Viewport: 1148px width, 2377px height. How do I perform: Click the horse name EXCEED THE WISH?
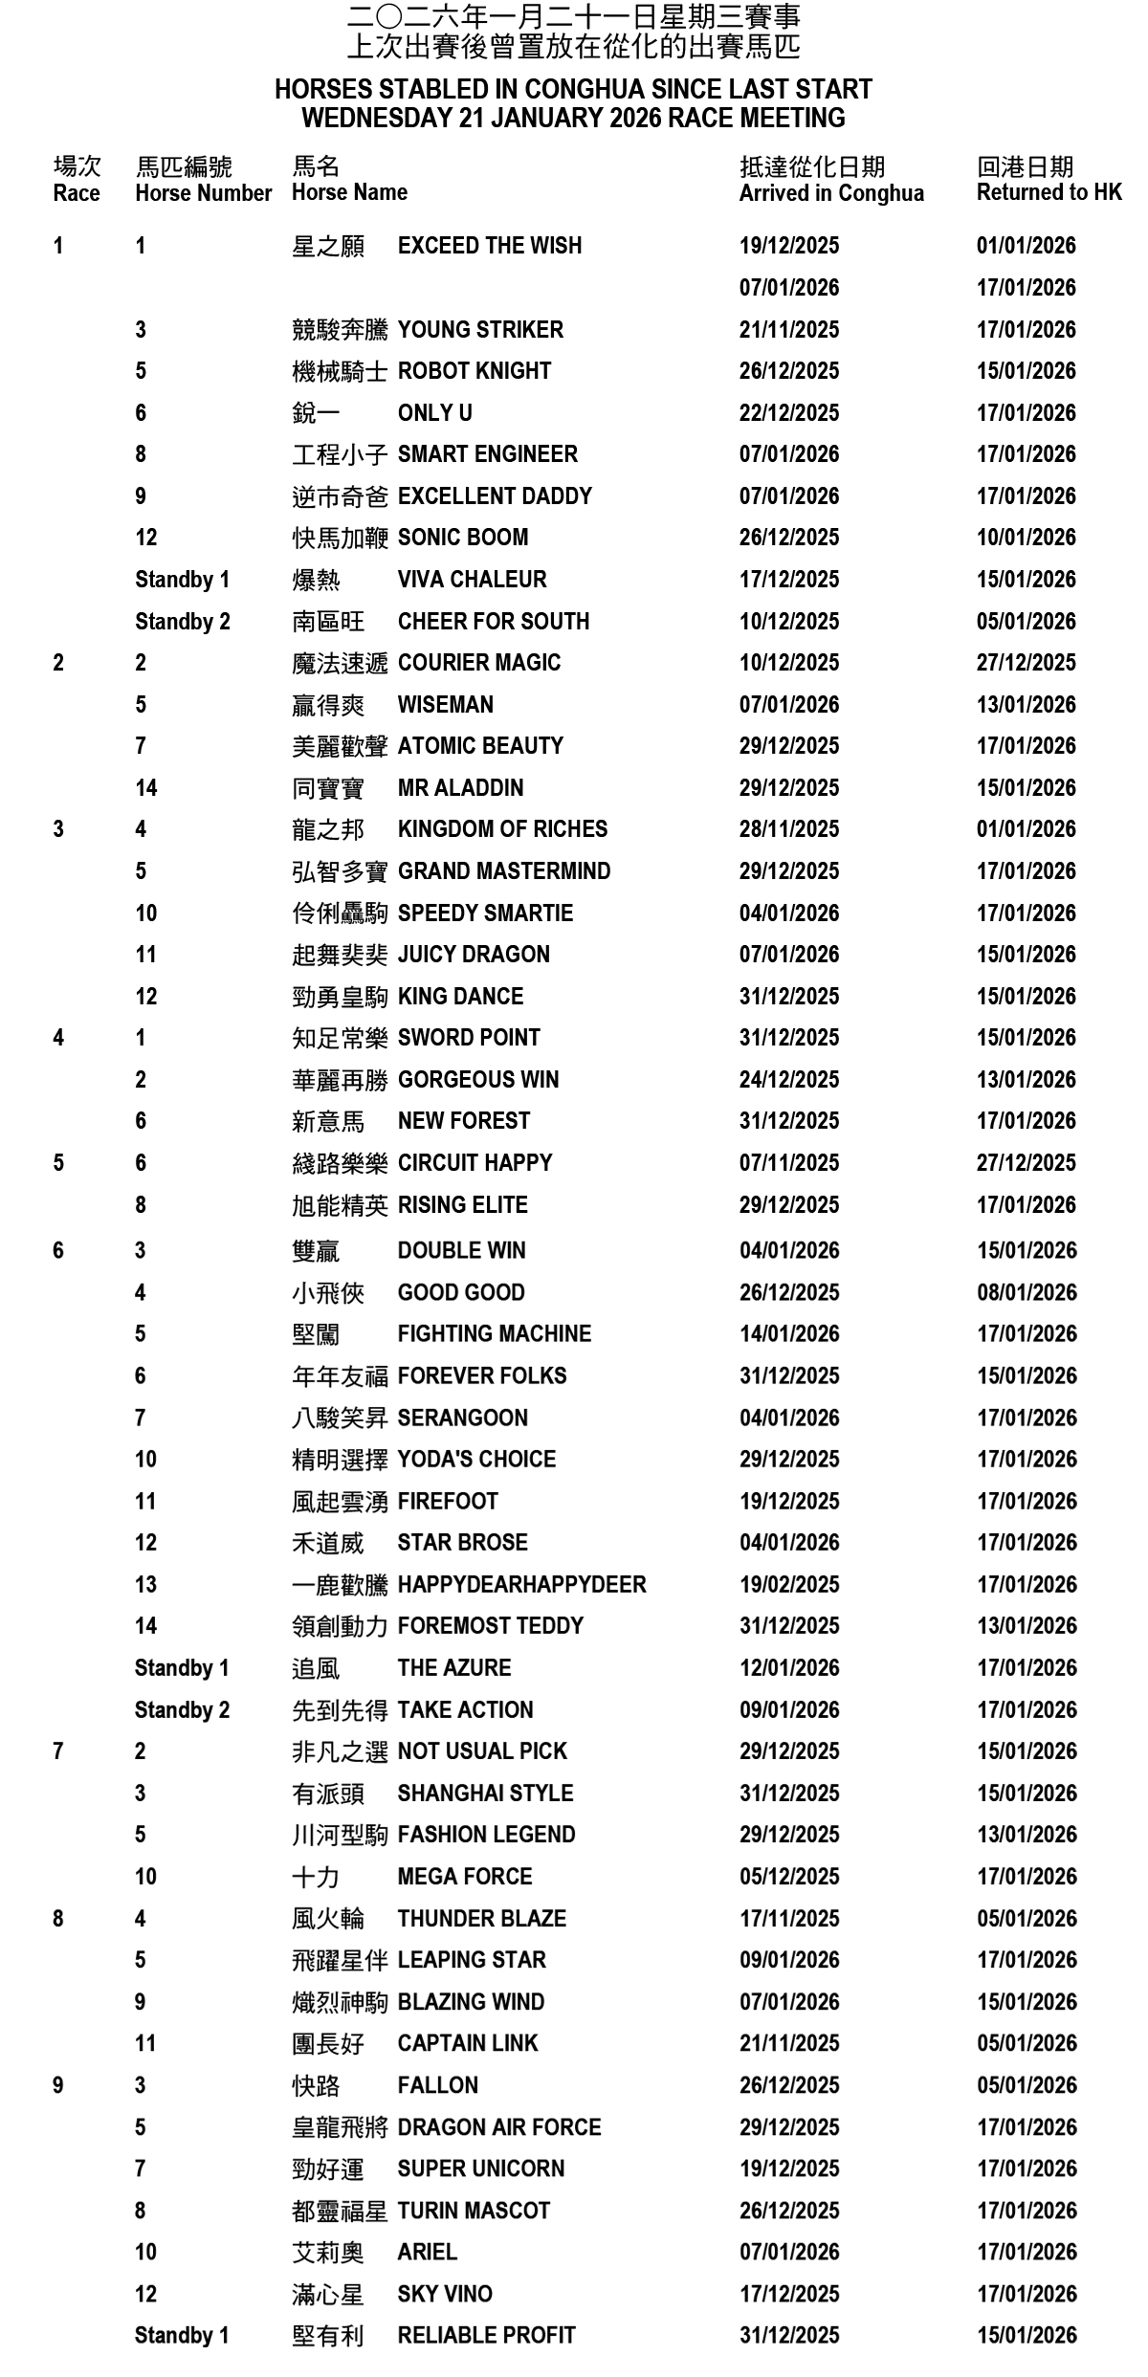tap(489, 246)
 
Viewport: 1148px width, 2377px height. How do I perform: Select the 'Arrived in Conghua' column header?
tap(831, 193)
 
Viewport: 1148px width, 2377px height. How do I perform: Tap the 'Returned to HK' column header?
tap(1049, 192)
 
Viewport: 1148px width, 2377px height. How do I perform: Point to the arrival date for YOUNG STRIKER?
tap(788, 330)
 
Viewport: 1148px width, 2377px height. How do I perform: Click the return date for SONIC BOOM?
tap(1026, 538)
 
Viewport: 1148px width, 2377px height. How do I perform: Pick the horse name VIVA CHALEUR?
tap(472, 580)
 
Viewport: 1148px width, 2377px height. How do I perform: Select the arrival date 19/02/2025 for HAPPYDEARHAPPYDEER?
tap(788, 1585)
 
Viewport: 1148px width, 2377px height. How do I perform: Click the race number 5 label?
tap(58, 1163)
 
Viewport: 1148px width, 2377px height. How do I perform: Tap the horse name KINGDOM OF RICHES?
tap(502, 829)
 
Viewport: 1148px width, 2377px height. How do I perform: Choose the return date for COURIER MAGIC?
tap(1026, 663)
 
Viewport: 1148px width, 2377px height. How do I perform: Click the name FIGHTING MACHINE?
tap(494, 1334)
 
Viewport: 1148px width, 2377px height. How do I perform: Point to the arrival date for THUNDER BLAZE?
tap(788, 1919)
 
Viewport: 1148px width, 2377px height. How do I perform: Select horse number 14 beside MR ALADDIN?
tap(145, 788)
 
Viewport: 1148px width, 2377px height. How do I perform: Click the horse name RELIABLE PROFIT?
tap(486, 2336)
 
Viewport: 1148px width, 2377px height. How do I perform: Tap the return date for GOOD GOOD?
tap(1026, 1293)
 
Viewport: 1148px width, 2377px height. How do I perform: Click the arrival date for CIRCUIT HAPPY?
tap(788, 1163)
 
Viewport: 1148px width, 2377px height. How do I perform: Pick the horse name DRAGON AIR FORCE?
tap(498, 2127)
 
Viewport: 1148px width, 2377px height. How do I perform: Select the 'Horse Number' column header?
tap(203, 193)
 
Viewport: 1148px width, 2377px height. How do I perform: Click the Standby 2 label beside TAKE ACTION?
tap(182, 1710)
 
